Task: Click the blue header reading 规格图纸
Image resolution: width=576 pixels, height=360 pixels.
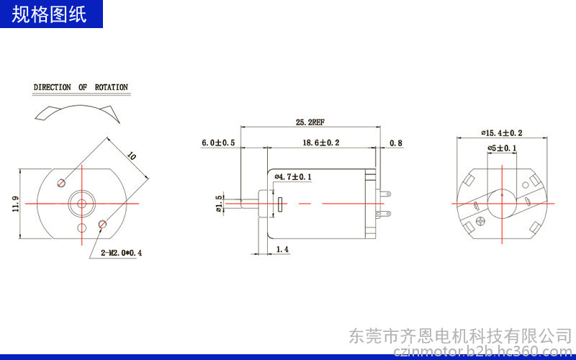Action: pos(50,14)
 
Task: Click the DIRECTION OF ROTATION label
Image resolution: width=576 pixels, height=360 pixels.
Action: pos(81,87)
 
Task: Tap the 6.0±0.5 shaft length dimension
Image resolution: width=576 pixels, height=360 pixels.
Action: pos(219,143)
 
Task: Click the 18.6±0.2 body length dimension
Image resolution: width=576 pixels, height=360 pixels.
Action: pos(321,143)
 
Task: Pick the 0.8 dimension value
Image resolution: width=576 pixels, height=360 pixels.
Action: pos(396,143)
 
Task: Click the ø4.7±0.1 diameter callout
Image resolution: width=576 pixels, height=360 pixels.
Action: pos(293,176)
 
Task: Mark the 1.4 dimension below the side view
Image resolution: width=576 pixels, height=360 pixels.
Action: pos(282,249)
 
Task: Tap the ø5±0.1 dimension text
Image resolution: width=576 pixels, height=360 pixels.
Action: pos(502,148)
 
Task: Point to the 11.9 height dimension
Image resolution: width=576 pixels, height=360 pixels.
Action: pos(16,204)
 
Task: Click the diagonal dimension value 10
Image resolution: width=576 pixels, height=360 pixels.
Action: pos(131,156)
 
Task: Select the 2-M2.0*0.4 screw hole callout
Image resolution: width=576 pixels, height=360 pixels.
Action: pos(121,253)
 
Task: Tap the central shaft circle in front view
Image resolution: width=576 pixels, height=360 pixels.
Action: pos(82,204)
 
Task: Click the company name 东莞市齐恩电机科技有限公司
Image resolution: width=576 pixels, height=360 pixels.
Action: pos(460,336)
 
